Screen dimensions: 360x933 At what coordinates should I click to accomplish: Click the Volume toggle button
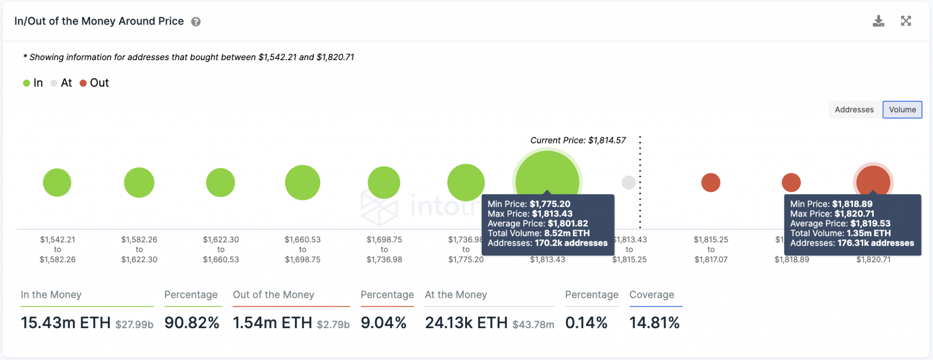(902, 110)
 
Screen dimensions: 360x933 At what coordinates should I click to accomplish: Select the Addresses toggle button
(854, 110)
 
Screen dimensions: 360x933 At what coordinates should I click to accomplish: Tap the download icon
(878, 21)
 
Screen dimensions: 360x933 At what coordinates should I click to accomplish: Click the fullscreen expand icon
(906, 21)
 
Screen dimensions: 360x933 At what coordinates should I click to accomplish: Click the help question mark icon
(196, 22)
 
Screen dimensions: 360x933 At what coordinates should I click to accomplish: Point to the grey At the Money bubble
(629, 183)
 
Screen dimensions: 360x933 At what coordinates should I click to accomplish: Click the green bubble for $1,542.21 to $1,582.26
(57, 183)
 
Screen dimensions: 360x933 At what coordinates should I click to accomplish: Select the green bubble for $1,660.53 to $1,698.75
(302, 183)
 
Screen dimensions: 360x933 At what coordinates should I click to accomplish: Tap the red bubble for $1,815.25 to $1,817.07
(711, 183)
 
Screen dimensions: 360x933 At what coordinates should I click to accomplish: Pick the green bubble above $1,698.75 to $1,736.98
(384, 183)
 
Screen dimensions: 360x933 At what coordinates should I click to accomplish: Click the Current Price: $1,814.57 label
(578, 140)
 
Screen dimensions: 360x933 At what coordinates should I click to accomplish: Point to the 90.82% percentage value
(192, 323)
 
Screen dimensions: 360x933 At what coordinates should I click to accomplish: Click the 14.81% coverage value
(654, 323)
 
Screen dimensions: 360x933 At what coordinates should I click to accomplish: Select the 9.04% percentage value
(384, 323)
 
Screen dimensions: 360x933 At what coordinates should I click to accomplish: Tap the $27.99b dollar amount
(134, 324)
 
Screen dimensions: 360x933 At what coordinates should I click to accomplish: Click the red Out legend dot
(83, 83)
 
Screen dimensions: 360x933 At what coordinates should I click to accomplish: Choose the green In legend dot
(26, 83)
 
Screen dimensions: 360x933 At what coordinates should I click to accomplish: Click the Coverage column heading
(651, 295)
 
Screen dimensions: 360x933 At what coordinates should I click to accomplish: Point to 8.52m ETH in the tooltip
(567, 233)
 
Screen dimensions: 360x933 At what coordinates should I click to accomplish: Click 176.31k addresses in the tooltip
(875, 243)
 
